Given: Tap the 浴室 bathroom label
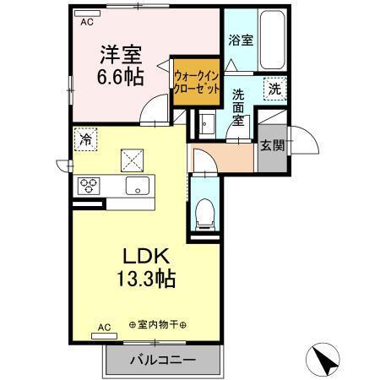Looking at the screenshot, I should click(x=241, y=40).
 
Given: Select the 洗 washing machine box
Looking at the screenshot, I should click(x=275, y=88).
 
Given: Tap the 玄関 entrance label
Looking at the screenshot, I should click(x=271, y=144).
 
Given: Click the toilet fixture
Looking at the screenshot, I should click(x=204, y=213).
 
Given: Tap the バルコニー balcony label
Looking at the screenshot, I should click(x=162, y=360).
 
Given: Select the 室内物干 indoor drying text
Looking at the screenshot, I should click(x=158, y=326).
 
